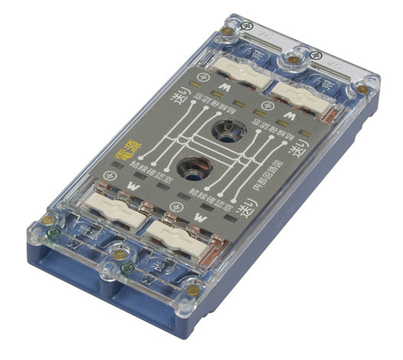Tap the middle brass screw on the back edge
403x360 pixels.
(x=292, y=56)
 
